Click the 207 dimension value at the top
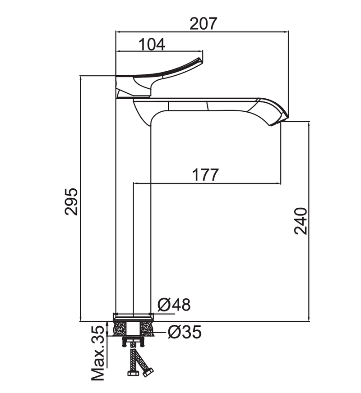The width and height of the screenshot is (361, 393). coord(203,23)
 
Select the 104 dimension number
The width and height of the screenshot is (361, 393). coord(152,44)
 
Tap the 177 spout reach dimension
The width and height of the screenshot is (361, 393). coord(205,175)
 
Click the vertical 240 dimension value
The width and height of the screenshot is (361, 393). coord(301,221)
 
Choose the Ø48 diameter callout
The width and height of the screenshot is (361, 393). coord(174,305)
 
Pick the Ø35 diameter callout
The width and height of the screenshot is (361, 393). coord(185,332)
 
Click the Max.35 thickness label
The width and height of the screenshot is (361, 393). coord(97,356)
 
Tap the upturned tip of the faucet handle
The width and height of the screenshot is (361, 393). coord(199,59)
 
